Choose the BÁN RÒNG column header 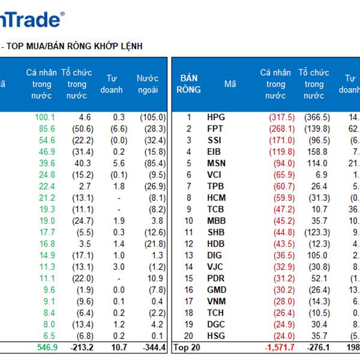(189, 84)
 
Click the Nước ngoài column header (147, 84)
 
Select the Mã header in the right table (230, 84)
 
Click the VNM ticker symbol (217, 301)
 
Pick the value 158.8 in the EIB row (318, 152)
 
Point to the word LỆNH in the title (128, 46)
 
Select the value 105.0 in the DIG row (318, 255)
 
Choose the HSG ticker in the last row (217, 336)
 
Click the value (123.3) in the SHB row (317, 232)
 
